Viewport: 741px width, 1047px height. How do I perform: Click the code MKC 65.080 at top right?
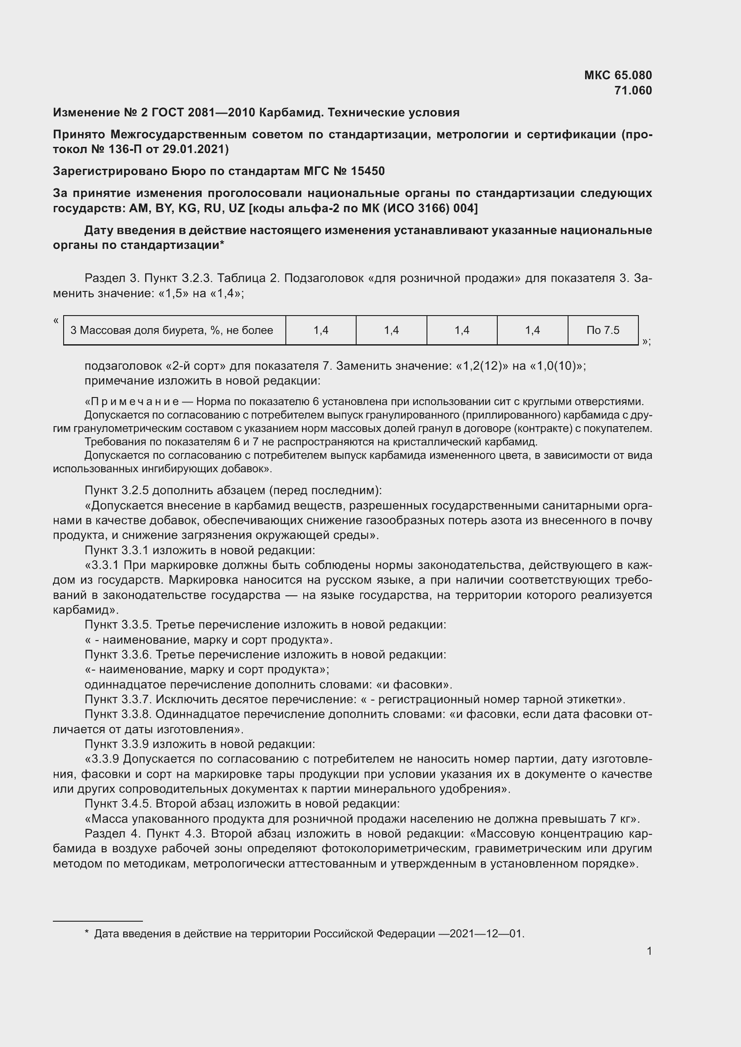[618, 75]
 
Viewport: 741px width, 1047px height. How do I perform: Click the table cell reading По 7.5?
[603, 330]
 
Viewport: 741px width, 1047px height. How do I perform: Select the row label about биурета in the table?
[172, 330]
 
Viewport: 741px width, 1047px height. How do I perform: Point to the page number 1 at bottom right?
[649, 951]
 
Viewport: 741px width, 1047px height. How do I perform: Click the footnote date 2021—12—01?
[487, 933]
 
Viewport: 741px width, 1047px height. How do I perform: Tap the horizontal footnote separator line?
[98, 921]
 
